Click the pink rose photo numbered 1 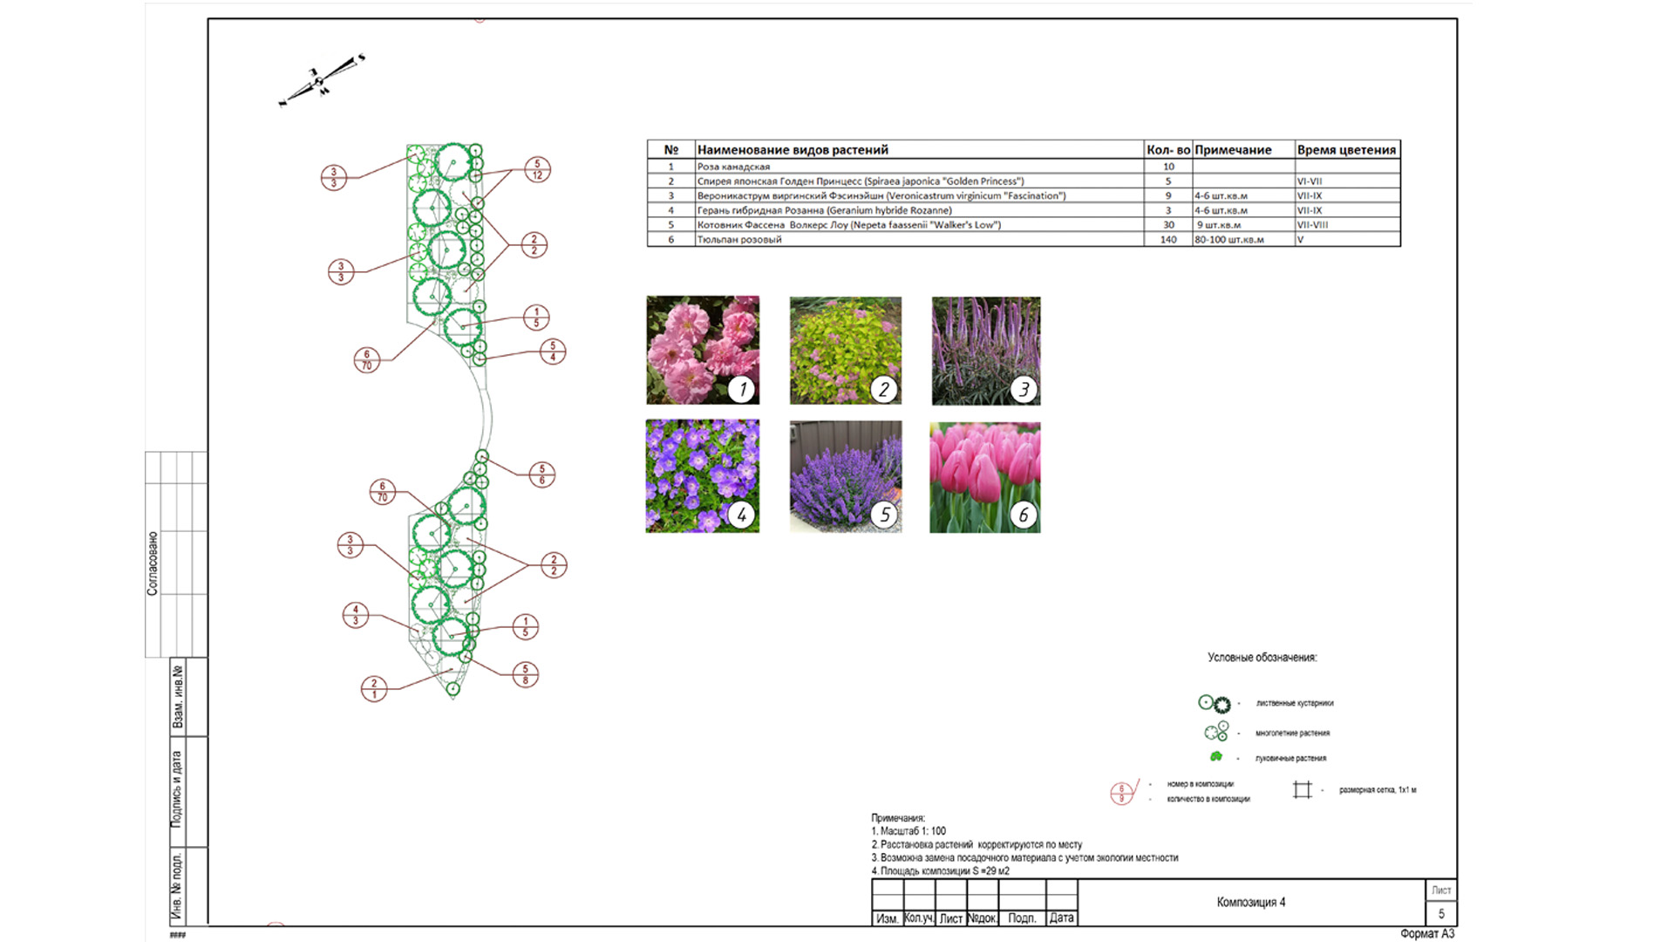coord(702,350)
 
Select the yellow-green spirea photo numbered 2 coord(845,350)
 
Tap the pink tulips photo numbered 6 coord(984,477)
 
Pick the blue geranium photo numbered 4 coord(702,476)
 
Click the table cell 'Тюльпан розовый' coord(739,240)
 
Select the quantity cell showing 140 coord(1168,240)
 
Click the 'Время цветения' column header coord(1346,150)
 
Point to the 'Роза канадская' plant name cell coord(733,167)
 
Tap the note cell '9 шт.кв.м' coord(1219,225)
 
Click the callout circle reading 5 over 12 coord(537,169)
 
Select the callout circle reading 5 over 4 coord(553,352)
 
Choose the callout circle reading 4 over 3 coord(356,615)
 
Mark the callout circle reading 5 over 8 coord(525,674)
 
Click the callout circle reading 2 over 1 coord(374,689)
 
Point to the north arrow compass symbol coord(320,81)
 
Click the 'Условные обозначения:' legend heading coord(1262,658)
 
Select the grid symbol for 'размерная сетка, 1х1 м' coord(1302,790)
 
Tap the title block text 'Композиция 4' coord(1250,902)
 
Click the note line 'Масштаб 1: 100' coord(912,831)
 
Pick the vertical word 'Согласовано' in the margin coord(153,563)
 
